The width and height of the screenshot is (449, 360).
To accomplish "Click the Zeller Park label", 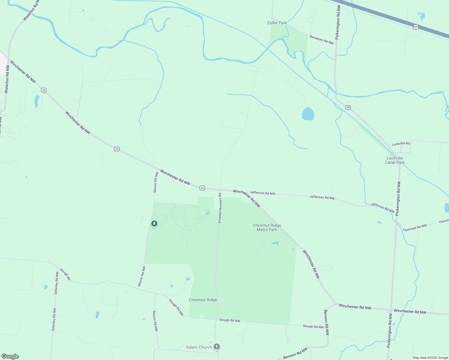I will click(277, 23).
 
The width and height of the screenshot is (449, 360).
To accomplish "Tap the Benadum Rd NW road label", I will click(322, 40).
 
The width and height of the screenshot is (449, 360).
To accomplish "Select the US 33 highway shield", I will click(415, 27).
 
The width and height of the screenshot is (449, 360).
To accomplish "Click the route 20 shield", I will click(348, 107).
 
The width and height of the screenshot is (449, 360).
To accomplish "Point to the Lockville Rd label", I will click(401, 144).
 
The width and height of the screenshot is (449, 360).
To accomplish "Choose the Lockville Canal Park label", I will click(395, 160).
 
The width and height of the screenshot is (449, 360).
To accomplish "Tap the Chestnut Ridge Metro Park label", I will click(267, 227).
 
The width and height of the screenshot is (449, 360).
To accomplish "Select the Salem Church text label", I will click(199, 347).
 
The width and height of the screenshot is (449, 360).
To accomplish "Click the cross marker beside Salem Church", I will click(216, 347).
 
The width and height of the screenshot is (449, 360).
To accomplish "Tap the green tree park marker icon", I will click(154, 223).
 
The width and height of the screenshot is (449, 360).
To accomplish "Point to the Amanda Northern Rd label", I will click(220, 208).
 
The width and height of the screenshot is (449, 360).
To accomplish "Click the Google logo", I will click(10, 356).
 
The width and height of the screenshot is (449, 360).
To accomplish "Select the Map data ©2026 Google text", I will click(430, 358).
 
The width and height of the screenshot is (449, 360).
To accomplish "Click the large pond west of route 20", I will click(308, 114).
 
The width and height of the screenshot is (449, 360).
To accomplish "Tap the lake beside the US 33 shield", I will click(421, 16).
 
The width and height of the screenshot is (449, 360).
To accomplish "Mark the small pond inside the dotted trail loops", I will click(207, 213).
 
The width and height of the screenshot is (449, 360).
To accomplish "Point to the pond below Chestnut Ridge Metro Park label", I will click(275, 243).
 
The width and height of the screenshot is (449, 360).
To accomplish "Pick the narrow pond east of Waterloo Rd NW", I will click(37, 101).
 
